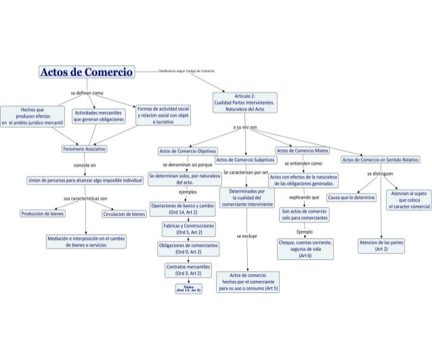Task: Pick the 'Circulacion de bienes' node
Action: (124, 214)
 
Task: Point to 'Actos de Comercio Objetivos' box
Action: (183, 151)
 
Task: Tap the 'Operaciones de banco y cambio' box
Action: (182, 208)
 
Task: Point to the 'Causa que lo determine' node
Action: (351, 198)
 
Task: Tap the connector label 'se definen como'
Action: (87, 92)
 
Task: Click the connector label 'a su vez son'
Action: (244, 127)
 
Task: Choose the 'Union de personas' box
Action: (84, 181)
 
